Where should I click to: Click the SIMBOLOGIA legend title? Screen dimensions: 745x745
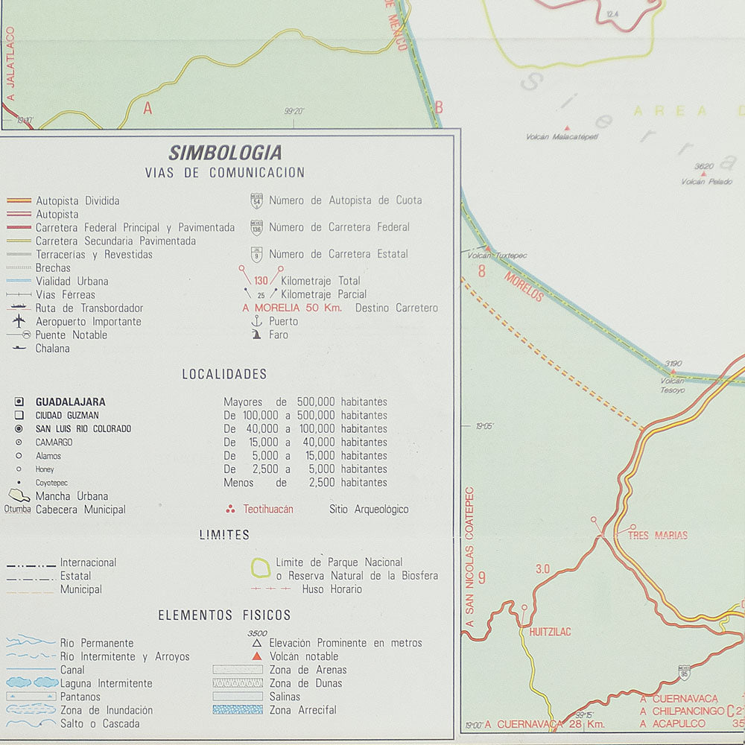coord(225,153)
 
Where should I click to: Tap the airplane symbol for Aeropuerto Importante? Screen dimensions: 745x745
coord(19,321)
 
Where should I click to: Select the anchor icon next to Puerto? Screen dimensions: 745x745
coord(256,321)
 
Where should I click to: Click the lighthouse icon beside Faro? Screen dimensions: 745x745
coord(256,335)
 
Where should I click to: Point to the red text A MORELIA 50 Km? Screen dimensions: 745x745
coord(292,308)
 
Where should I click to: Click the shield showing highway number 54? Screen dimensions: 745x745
coord(256,200)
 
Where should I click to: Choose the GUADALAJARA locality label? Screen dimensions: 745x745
coord(70,402)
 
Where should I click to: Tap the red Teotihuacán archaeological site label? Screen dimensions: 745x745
coord(267,510)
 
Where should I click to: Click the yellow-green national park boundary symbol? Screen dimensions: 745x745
coord(261,568)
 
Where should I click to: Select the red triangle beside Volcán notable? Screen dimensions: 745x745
coord(256,656)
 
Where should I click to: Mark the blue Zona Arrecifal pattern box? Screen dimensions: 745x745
coord(237,710)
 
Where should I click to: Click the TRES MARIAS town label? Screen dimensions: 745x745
coord(657,535)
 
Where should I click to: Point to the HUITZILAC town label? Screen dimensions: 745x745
coord(550,632)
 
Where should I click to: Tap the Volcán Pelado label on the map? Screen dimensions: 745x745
coord(706,182)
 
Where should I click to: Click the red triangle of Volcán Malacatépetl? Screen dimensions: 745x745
coord(567,128)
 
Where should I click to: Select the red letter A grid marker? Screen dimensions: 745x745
coord(148,108)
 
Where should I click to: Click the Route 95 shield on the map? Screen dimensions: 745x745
coord(684,673)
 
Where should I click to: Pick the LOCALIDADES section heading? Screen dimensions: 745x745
coord(224,374)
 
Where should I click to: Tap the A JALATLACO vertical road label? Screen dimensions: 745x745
coord(10,67)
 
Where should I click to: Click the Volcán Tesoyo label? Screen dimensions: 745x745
coord(672,385)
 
